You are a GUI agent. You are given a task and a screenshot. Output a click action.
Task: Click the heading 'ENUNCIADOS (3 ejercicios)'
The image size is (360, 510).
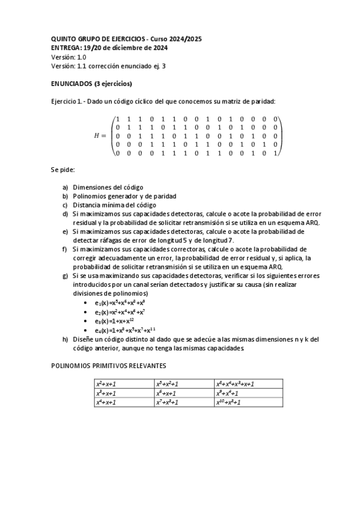point(91,84)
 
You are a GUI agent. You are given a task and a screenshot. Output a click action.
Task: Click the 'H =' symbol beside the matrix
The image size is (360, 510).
point(101,136)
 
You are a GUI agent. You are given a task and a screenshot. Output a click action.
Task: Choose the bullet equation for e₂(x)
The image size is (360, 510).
point(119,312)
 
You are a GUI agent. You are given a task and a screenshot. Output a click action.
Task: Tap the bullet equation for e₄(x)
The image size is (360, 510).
point(124,330)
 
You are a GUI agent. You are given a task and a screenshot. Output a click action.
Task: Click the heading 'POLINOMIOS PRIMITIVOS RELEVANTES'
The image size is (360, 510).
point(108,365)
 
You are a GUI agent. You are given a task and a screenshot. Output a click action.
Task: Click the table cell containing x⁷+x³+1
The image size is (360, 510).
point(185,402)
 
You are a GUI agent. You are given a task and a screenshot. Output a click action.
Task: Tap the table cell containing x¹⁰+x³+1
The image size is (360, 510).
point(248,402)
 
